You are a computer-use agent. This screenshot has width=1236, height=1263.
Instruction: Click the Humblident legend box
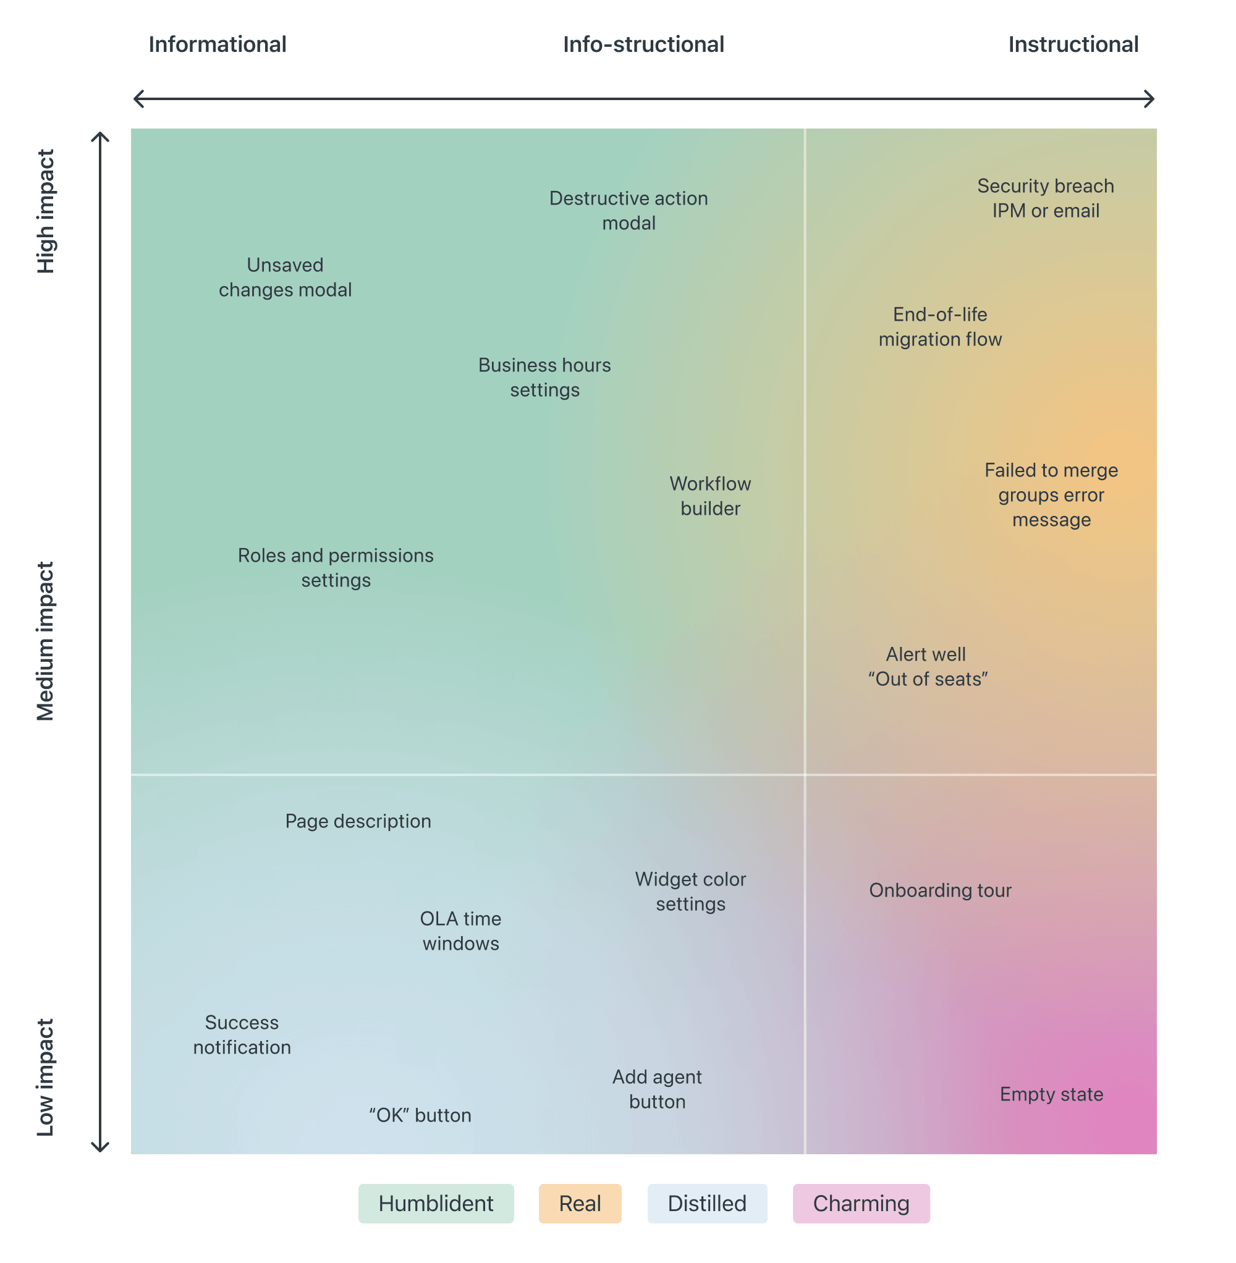click(436, 1203)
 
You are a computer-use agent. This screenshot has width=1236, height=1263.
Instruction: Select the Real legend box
click(580, 1203)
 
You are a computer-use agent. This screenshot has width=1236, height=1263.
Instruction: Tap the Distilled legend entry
click(707, 1203)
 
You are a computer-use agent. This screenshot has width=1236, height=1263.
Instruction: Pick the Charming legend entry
click(861, 1203)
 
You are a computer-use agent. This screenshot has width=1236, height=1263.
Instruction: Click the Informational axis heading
click(218, 44)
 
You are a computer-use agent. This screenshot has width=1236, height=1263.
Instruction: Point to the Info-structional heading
click(643, 44)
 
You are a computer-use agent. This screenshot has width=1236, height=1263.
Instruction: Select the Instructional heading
click(1073, 44)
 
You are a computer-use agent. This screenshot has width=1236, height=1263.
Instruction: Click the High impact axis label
click(46, 211)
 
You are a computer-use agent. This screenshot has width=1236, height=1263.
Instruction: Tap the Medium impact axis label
click(46, 641)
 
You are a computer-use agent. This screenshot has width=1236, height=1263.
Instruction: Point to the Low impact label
click(46, 1078)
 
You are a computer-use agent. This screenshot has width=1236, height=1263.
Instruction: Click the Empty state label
click(1051, 1094)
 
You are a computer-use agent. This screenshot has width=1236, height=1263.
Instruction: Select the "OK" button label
click(420, 1115)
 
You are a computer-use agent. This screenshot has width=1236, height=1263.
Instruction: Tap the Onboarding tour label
click(940, 890)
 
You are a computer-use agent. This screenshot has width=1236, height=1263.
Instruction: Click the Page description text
click(358, 821)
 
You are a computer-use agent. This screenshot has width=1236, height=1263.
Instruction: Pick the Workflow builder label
click(710, 496)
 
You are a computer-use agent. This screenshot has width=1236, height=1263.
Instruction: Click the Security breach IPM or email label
click(1045, 198)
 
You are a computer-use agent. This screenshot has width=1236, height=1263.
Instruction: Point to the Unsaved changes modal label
click(285, 277)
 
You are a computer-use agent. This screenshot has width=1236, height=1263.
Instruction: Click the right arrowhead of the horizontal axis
click(1150, 99)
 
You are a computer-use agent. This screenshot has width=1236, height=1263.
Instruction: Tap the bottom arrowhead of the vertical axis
click(100, 1147)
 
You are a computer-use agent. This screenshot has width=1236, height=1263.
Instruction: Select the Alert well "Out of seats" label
click(928, 667)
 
